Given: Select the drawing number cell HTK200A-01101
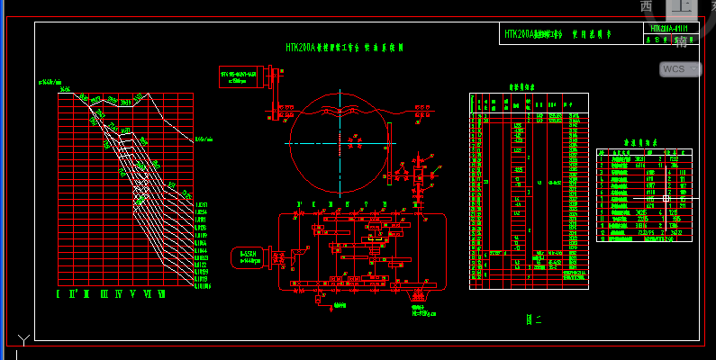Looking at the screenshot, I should coord(669,29).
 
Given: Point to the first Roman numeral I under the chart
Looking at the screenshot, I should coord(59,293).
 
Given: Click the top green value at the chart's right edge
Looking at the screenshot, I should coord(204,139).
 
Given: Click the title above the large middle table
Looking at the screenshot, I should coord(521,87).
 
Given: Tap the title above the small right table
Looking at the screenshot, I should coord(644,142).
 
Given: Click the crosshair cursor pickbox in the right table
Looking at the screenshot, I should coord(666,197).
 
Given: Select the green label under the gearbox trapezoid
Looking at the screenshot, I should coord(423,311).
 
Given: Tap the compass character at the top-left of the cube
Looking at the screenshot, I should coord(646,5).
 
